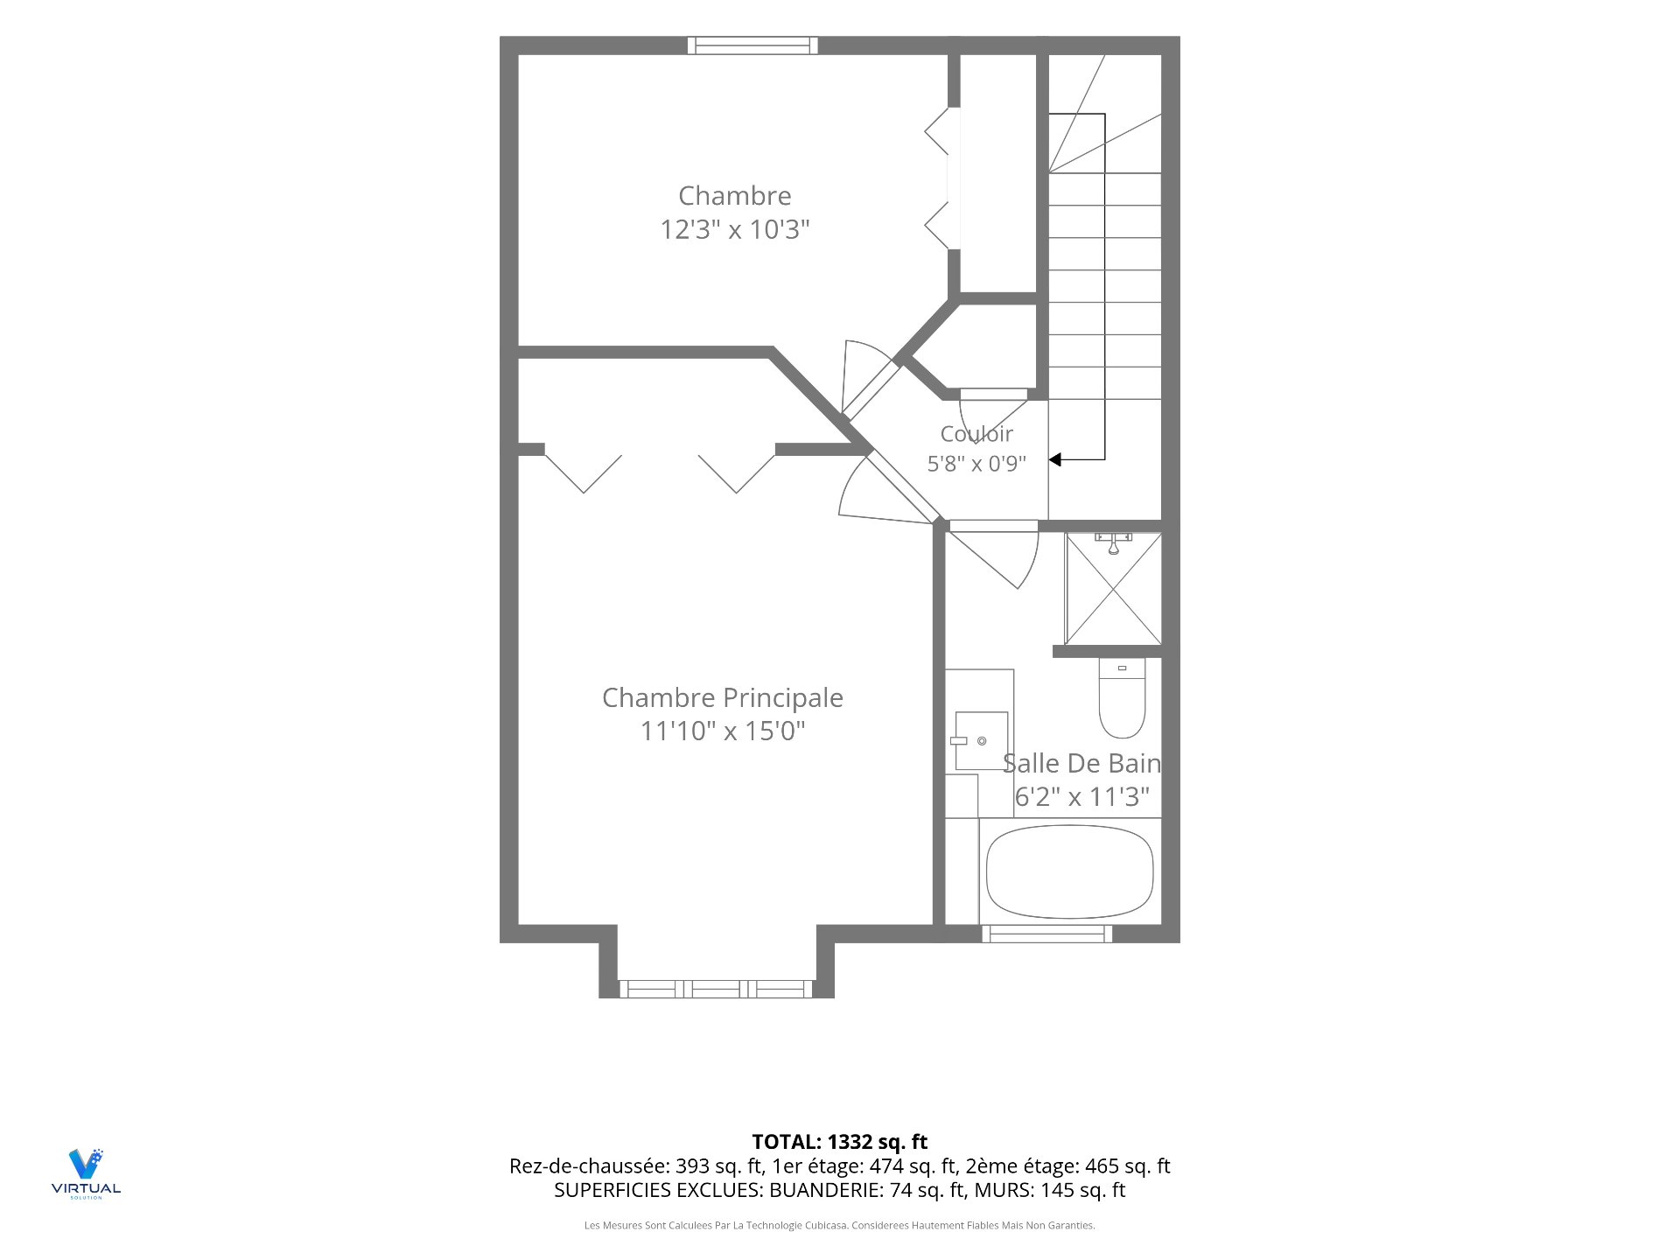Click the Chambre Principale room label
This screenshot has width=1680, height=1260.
pos(723,697)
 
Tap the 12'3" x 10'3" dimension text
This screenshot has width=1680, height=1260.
pos(735,229)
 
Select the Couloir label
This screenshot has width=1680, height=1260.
pos(976,433)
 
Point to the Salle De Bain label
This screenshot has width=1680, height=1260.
pos(1082,763)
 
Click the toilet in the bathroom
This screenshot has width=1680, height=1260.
pos(1122,698)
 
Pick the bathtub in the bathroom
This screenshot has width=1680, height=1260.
pos(1069,871)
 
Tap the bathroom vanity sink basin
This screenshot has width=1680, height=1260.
pos(981,740)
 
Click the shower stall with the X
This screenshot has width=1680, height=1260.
pos(1113,589)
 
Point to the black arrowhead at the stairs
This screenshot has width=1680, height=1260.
pos(1055,459)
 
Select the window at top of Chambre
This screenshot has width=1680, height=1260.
pos(752,45)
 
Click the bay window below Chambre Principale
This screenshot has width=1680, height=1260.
pos(717,990)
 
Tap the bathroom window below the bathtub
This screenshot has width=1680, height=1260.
pos(1046,934)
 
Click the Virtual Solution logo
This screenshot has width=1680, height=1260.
pos(86,1173)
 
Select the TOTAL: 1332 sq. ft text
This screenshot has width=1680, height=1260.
pos(840,1142)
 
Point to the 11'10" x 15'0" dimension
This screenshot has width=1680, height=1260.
pos(723,731)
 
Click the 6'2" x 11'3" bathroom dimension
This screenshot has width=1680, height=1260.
pos(1082,797)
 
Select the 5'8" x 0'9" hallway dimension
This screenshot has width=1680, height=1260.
pos(976,464)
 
